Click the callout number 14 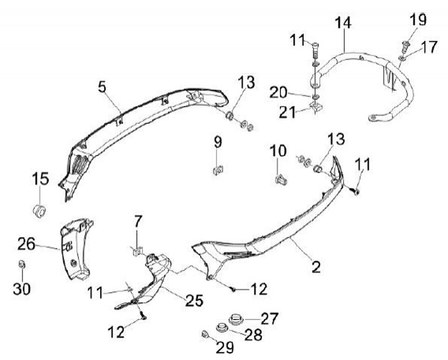[x=342, y=24]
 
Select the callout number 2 [x=316, y=268]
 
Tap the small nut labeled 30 [x=22, y=265]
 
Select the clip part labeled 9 [x=218, y=167]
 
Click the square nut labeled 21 [x=317, y=110]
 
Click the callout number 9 [x=218, y=142]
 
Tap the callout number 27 [x=270, y=318]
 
